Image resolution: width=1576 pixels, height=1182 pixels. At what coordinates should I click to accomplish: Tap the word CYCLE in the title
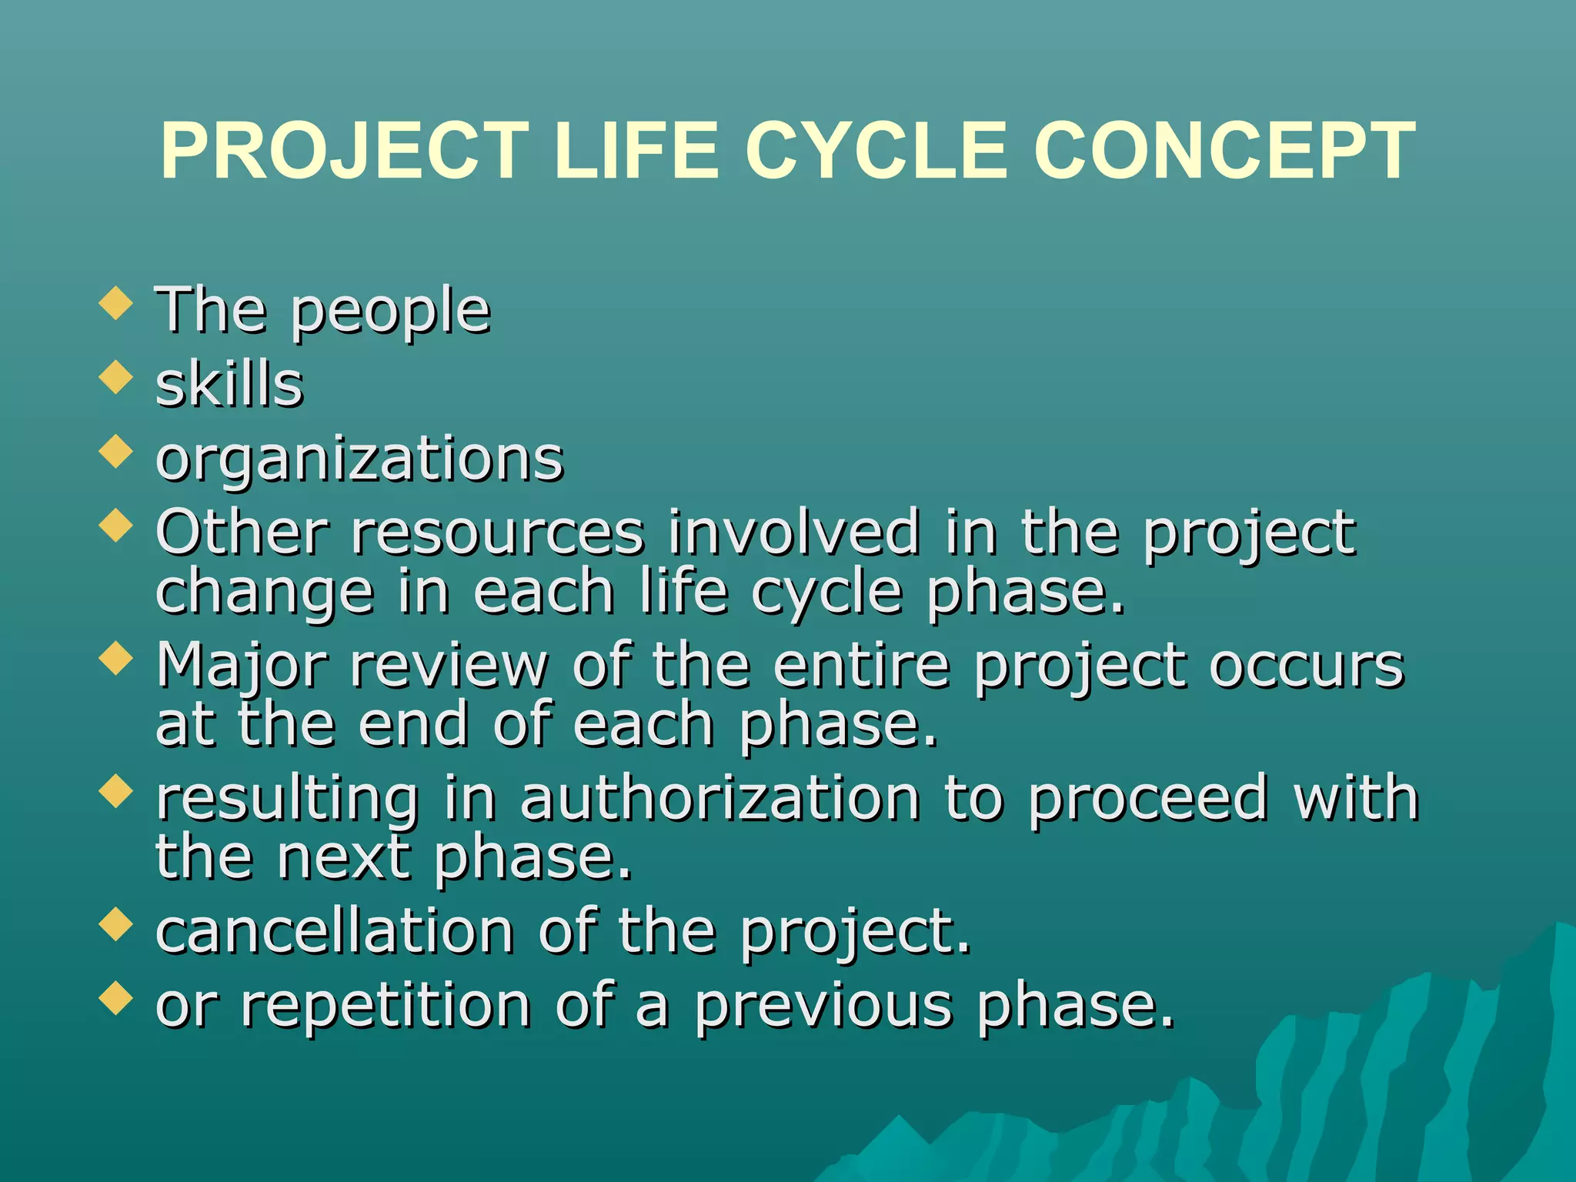876,152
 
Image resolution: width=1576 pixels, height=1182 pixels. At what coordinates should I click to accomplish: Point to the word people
391,312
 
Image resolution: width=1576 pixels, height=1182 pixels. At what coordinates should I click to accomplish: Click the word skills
229,384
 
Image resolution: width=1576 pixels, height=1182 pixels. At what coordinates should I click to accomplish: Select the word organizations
359,459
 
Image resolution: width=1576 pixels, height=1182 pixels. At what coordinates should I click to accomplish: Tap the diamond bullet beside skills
116,378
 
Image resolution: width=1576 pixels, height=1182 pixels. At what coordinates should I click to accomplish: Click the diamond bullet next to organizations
116,452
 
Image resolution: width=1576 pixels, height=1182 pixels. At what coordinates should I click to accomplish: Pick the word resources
497,532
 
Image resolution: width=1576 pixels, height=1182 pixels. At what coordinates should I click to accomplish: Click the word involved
793,532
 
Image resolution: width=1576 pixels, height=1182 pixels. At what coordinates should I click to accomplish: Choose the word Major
242,666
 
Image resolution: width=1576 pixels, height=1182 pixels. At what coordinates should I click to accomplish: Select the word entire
862,666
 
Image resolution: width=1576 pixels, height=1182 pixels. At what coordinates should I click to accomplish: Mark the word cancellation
335,931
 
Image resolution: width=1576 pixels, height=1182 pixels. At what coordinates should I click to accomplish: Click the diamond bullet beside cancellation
116,924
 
